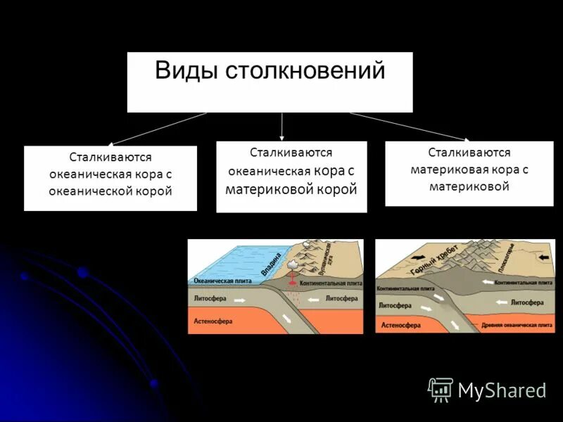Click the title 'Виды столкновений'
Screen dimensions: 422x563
[270, 71]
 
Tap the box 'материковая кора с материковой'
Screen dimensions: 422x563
[469, 173]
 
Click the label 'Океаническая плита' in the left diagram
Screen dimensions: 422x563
[217, 280]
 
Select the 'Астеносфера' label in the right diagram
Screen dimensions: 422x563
[400, 326]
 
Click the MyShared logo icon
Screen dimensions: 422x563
[441, 390]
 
